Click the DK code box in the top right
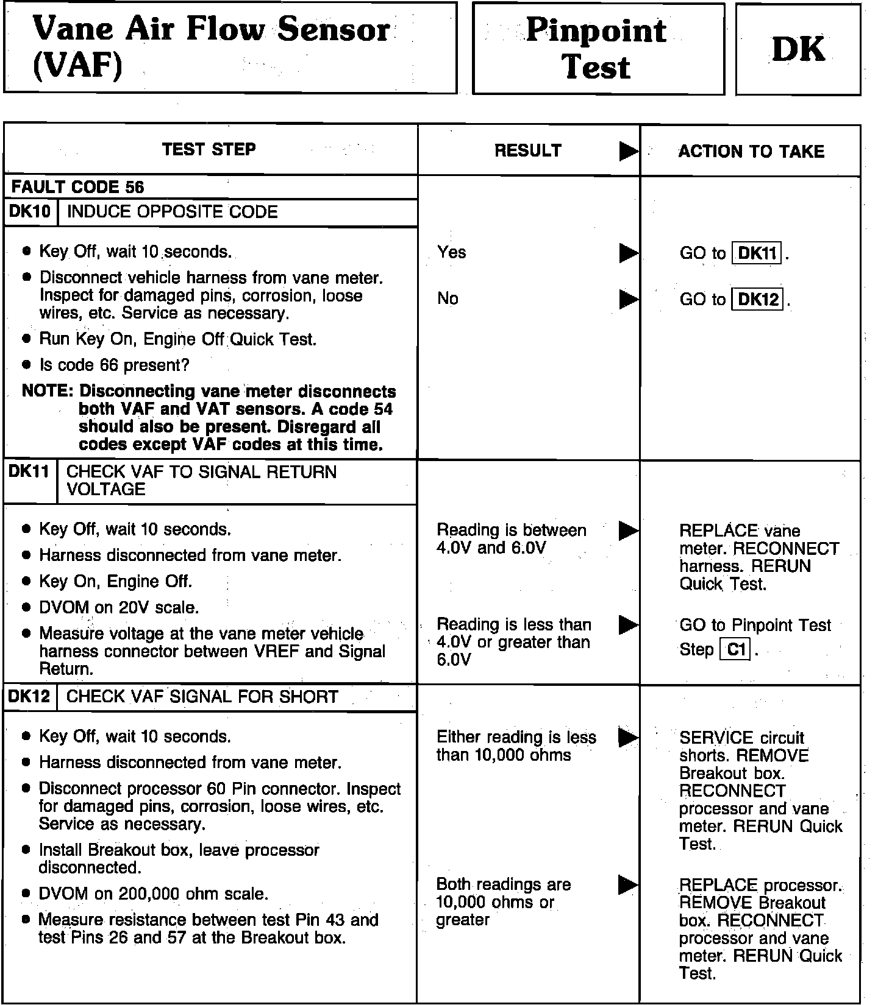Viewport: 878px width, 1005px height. tap(798, 49)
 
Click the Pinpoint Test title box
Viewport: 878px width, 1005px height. tap(598, 49)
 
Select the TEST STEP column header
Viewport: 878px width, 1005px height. tap(209, 150)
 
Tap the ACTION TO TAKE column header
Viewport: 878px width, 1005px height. tap(751, 151)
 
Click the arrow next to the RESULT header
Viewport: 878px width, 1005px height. tap(628, 151)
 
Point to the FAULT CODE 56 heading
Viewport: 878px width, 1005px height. tap(77, 187)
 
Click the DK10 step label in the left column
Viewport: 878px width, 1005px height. tap(30, 212)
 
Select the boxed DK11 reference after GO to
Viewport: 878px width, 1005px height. tap(757, 253)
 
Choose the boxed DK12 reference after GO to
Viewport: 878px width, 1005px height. tap(757, 299)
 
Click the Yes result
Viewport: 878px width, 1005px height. tap(451, 252)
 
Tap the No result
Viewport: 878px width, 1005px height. tap(448, 298)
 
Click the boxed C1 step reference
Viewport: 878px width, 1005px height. tap(736, 650)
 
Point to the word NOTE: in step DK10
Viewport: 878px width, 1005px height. tap(48, 391)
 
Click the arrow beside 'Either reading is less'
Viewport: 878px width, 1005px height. tap(628, 738)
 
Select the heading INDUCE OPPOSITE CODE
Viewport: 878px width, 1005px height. tap(172, 212)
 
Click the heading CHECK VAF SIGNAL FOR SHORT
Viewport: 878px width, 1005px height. tap(202, 697)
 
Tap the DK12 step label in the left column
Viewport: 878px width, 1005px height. tap(29, 697)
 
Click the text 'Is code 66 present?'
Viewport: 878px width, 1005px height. tap(114, 365)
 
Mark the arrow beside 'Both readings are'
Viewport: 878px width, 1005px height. tap(628, 884)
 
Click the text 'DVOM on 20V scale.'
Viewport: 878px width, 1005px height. tap(119, 607)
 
